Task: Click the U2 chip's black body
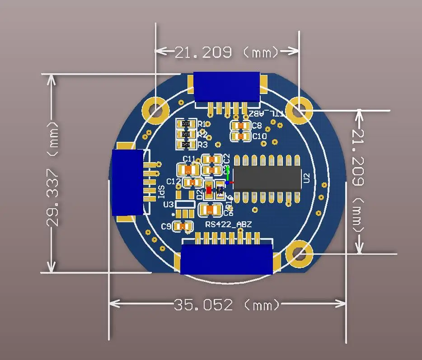[267, 178]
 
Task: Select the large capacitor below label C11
[189, 170]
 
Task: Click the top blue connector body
[226, 87]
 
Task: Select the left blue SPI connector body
[127, 182]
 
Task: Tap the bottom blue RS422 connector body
[227, 259]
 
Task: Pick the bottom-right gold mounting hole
[299, 253]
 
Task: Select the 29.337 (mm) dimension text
[53, 174]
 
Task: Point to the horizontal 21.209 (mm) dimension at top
[227, 52]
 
